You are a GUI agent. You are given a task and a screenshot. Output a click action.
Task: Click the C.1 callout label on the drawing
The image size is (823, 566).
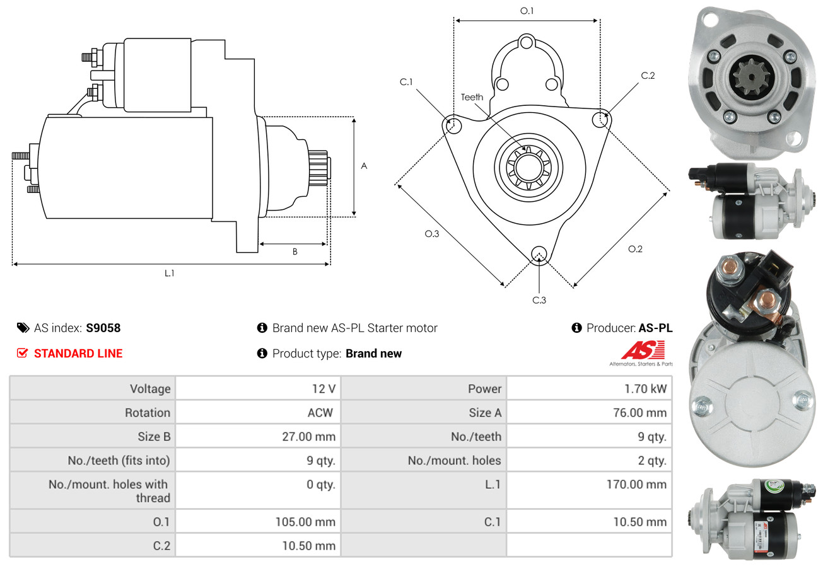[x=406, y=82]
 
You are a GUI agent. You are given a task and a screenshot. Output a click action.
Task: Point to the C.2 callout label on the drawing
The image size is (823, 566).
[x=648, y=76]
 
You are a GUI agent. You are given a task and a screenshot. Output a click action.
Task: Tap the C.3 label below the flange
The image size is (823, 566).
[x=539, y=300]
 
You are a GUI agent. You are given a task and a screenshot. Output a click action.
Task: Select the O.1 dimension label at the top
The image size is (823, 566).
[x=527, y=11]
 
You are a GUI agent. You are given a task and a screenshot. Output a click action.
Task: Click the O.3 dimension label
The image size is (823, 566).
[x=431, y=234]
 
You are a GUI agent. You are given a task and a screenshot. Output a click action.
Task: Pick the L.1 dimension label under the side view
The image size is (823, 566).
[x=170, y=273]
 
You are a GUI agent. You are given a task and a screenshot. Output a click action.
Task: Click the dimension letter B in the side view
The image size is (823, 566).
[x=295, y=251]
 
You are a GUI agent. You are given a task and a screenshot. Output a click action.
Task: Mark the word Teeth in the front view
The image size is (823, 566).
[x=472, y=97]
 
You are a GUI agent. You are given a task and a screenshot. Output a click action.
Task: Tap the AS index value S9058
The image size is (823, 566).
[x=103, y=328]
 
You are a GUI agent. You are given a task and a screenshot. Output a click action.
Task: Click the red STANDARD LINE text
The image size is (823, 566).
[x=78, y=354]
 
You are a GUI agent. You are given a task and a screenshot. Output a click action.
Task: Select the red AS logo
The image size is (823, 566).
[x=643, y=350]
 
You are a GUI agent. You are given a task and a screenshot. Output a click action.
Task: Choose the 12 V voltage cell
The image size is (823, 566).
[x=324, y=389]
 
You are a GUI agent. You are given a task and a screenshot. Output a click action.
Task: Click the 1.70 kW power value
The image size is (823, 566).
[x=645, y=389]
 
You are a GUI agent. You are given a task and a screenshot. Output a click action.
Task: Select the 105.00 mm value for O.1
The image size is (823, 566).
[x=305, y=522]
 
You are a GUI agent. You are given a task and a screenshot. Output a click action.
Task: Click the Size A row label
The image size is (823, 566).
[x=485, y=413]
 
